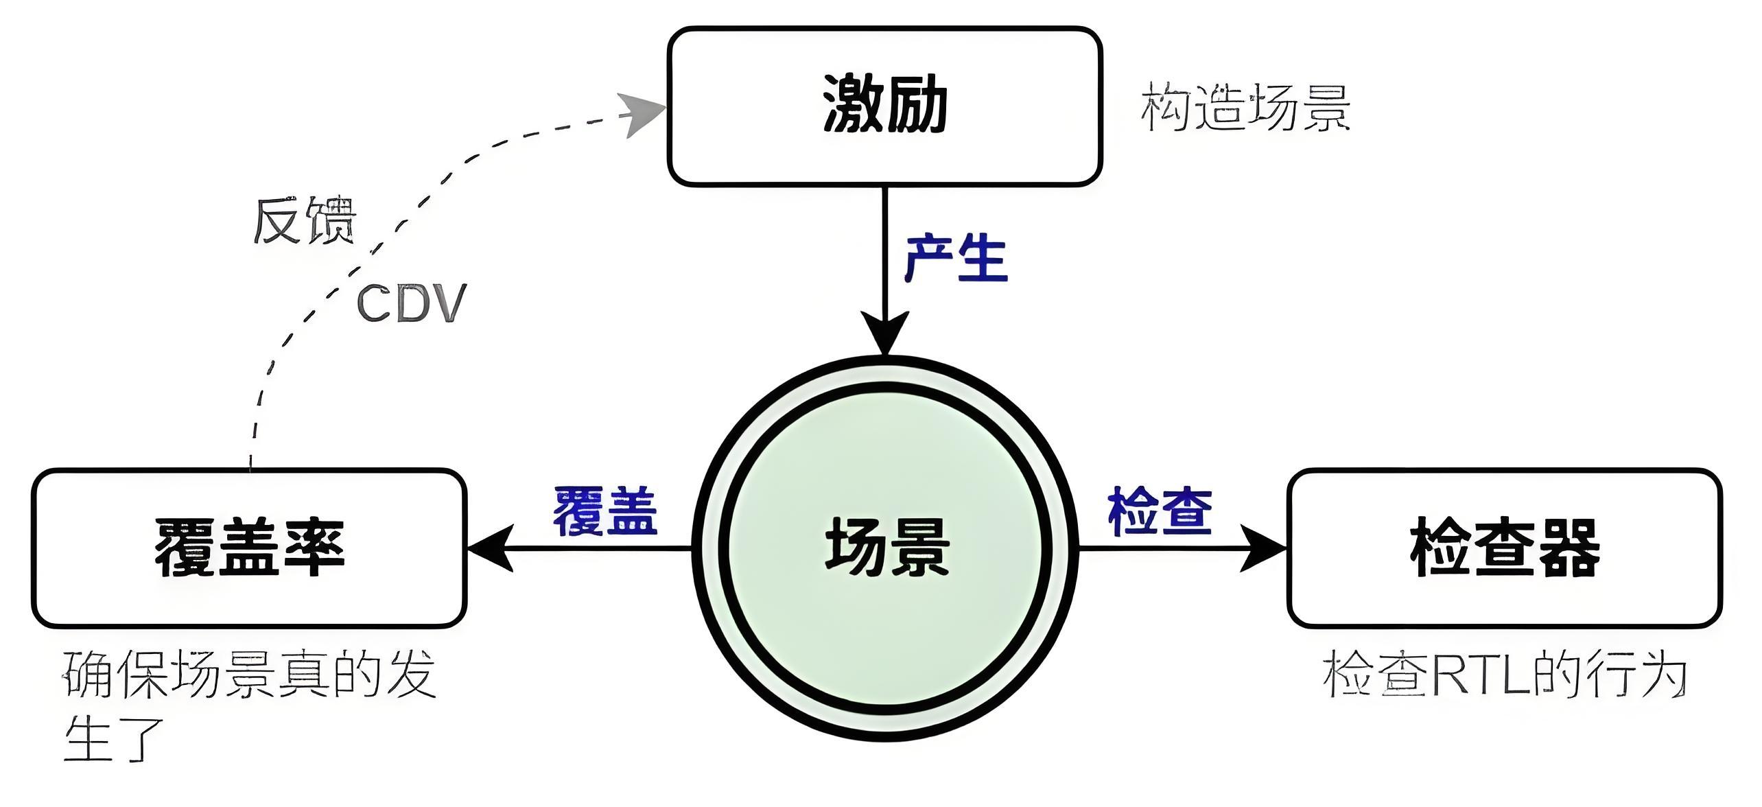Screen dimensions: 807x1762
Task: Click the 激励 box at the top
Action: [884, 106]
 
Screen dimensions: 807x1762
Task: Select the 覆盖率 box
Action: [249, 548]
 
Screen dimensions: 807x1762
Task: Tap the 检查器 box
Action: [1505, 548]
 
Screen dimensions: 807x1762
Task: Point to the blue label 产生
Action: [956, 259]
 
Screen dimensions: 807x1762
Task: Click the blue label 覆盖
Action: [605, 511]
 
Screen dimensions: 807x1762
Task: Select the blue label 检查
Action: [1160, 511]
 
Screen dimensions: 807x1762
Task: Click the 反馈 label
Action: [305, 221]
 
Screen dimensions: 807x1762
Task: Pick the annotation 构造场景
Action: [1245, 108]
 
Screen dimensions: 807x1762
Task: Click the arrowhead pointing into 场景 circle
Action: [885, 333]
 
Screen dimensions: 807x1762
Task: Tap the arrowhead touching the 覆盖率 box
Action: [491, 548]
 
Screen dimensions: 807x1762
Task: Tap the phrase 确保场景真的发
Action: [249, 675]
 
